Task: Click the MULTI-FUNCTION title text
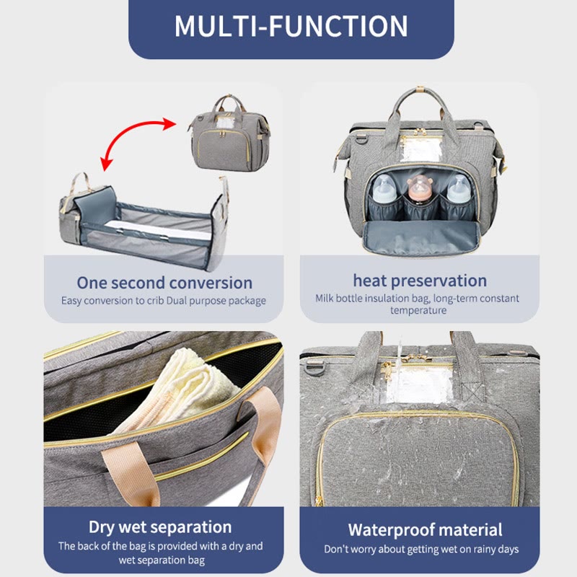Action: click(x=291, y=26)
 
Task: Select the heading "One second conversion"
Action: click(x=164, y=283)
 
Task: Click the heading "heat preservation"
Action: click(x=420, y=281)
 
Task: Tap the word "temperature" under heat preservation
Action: click(x=418, y=310)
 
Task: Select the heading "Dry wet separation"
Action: click(x=160, y=527)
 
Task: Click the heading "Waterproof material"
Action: click(x=425, y=530)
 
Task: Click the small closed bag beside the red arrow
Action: click(x=230, y=133)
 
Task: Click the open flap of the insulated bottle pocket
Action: click(x=421, y=238)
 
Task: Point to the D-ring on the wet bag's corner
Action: click(x=315, y=367)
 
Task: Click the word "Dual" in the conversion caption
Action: click(x=177, y=301)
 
